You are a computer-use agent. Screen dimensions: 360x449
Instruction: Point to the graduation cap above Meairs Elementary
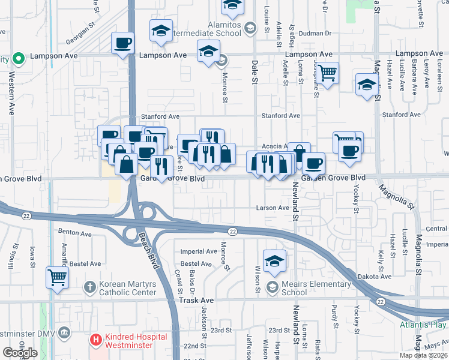(274, 260)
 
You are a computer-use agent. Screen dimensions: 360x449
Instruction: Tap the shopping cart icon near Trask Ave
(58, 278)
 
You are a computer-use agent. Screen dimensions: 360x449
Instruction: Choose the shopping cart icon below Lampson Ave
(327, 73)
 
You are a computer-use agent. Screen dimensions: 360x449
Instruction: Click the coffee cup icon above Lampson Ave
(122, 43)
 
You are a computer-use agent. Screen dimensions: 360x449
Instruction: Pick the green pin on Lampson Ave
(19, 59)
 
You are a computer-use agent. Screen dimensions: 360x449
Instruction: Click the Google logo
(20, 353)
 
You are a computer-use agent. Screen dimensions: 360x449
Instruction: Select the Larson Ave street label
(273, 208)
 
